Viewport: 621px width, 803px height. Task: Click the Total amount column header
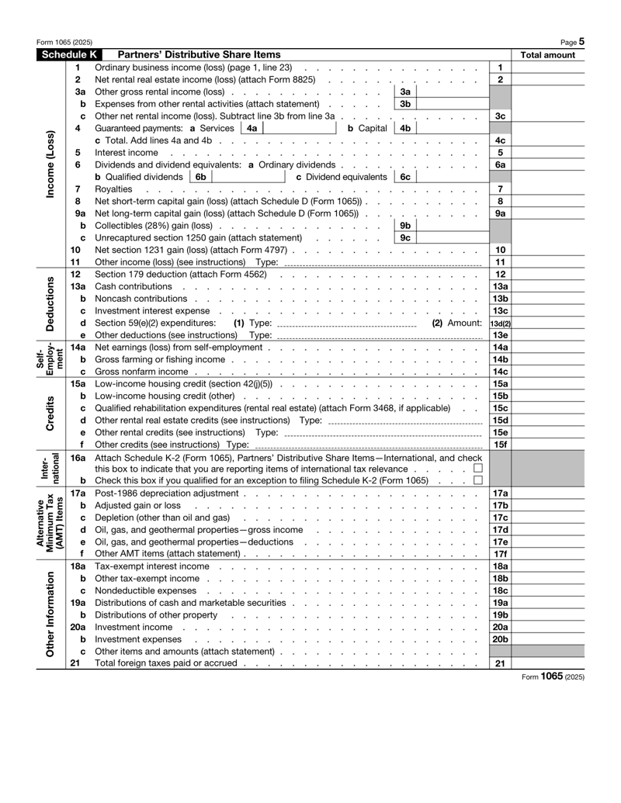pyautogui.click(x=547, y=55)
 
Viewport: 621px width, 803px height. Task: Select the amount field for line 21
pyautogui.click(x=547, y=663)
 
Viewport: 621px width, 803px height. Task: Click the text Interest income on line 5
pyautogui.click(x=126, y=152)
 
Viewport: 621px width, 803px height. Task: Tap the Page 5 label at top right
pyautogui.click(x=572, y=41)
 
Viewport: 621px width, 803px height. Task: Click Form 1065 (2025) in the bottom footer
pyautogui.click(x=554, y=677)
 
